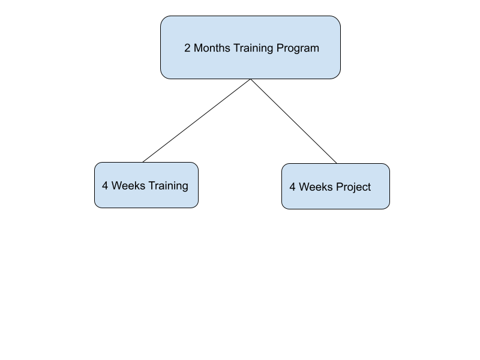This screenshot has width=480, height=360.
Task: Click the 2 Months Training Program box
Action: (250, 47)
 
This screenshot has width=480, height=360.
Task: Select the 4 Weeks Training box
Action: (146, 185)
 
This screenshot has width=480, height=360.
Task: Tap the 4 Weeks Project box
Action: (335, 187)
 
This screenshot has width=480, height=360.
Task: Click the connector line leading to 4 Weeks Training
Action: (197, 121)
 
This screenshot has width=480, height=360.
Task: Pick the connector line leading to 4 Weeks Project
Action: (293, 121)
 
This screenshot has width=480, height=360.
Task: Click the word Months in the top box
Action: (212, 48)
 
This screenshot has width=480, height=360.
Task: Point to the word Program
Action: (298, 49)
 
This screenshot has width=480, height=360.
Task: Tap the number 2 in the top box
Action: (187, 48)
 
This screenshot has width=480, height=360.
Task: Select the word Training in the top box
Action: (253, 49)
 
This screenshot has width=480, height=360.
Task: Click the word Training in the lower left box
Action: (169, 187)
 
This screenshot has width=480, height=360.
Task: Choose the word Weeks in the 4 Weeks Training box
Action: (128, 186)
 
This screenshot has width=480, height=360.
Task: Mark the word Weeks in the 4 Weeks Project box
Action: (316, 187)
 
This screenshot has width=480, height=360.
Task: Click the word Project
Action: (353, 188)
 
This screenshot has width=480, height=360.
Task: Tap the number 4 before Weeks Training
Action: (105, 186)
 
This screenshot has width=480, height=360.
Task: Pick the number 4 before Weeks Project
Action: (292, 187)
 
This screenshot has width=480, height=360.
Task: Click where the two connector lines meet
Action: (250, 79)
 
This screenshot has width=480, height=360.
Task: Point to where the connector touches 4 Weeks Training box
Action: (143, 162)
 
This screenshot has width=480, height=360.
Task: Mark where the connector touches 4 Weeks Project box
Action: (337, 163)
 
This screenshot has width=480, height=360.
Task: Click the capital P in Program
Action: (280, 48)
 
